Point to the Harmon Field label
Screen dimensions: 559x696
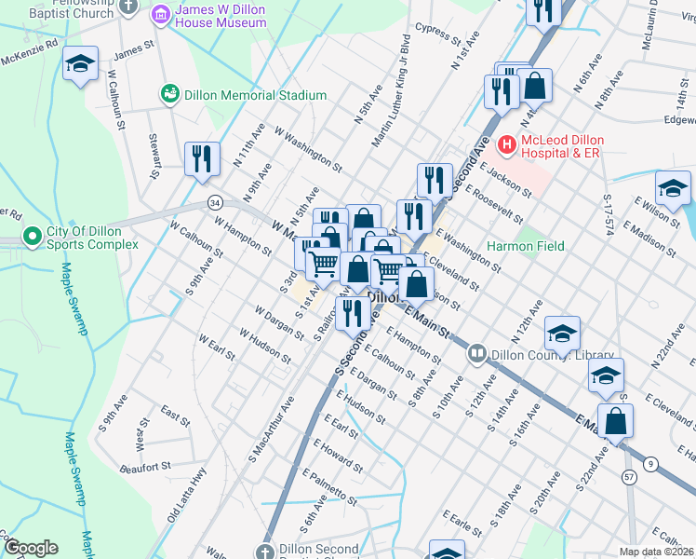526,246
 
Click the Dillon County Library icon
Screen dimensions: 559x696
477,354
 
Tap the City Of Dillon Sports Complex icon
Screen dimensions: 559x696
33,237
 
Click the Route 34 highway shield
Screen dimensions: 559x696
215,202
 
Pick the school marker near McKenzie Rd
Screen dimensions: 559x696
81,64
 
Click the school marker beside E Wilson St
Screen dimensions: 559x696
673,189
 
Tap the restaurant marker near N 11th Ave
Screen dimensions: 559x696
202,157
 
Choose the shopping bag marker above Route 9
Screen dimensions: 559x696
615,420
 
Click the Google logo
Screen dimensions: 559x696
30,548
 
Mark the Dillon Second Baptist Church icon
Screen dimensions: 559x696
268,551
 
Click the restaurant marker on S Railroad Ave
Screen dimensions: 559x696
353,311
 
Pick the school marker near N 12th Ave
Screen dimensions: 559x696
562,334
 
